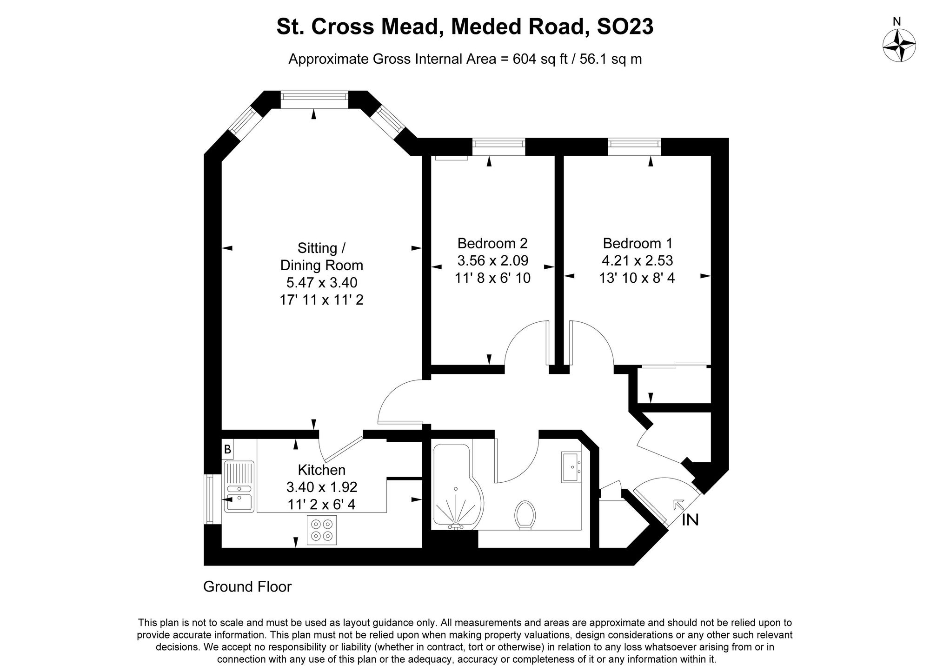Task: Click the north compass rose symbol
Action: point(899,45)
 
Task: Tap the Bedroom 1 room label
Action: point(637,243)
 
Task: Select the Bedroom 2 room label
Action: point(492,243)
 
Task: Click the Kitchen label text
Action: point(321,470)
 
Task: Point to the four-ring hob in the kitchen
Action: point(321,530)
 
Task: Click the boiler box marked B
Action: point(227,450)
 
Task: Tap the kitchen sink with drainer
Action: point(239,486)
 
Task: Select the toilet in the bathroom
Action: point(525,515)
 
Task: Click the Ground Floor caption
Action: point(247,587)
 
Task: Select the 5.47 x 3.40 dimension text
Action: point(321,283)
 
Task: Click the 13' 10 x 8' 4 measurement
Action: point(637,278)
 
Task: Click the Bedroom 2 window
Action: point(499,147)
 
